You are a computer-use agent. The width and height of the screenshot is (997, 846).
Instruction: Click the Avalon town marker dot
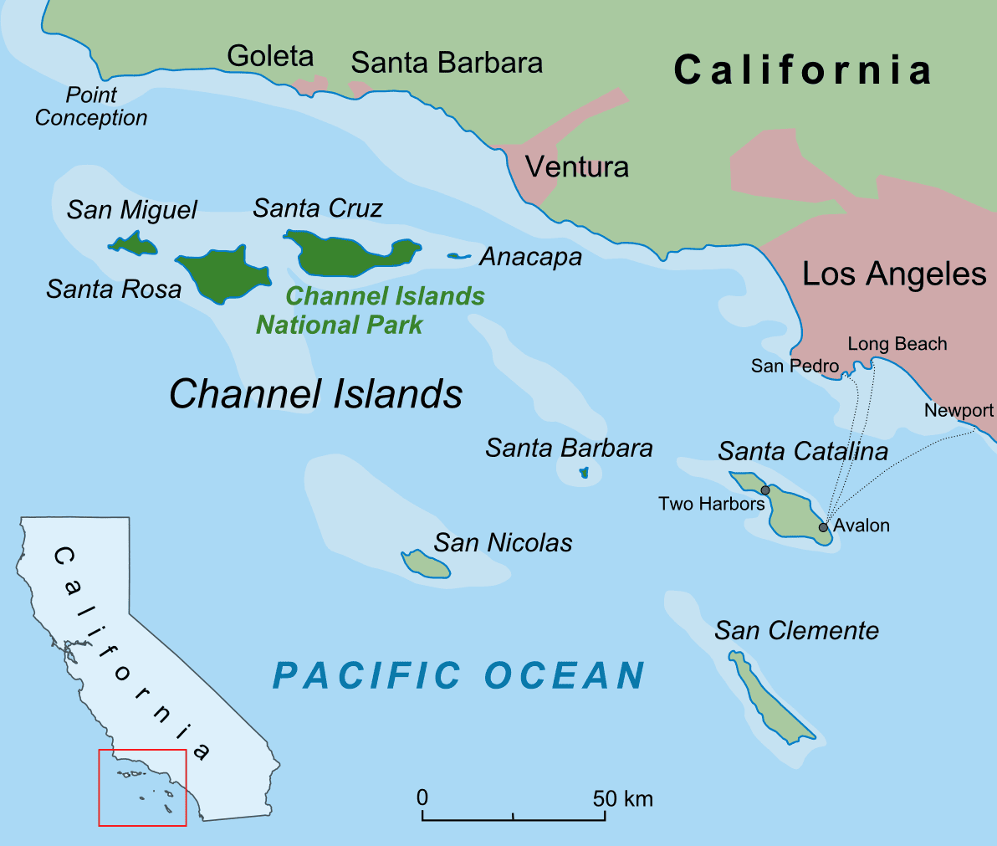click(823, 527)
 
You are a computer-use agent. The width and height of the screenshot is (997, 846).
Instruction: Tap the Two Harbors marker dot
click(764, 490)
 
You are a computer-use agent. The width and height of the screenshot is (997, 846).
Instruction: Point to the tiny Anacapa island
click(458, 256)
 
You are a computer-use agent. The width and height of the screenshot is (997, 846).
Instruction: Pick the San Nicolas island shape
click(427, 565)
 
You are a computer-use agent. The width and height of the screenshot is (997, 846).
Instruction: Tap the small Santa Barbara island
click(584, 473)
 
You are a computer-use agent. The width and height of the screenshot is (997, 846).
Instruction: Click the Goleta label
click(270, 56)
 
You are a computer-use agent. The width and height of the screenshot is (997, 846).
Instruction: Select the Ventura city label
click(576, 167)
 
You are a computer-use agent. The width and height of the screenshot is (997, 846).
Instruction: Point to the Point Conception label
click(91, 106)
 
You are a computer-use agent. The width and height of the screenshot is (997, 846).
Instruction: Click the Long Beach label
click(897, 344)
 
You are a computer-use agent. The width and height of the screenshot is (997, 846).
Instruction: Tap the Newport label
click(959, 410)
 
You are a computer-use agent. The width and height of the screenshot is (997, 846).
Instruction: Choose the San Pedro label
click(794, 366)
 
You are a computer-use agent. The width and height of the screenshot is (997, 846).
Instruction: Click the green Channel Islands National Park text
click(370, 310)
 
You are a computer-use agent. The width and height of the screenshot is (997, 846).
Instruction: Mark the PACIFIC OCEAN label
click(459, 675)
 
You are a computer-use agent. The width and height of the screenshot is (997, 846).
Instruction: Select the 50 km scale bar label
click(622, 798)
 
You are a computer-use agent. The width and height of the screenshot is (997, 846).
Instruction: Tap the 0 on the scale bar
click(422, 797)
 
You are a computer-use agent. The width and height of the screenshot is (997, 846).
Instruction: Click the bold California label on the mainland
click(803, 69)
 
